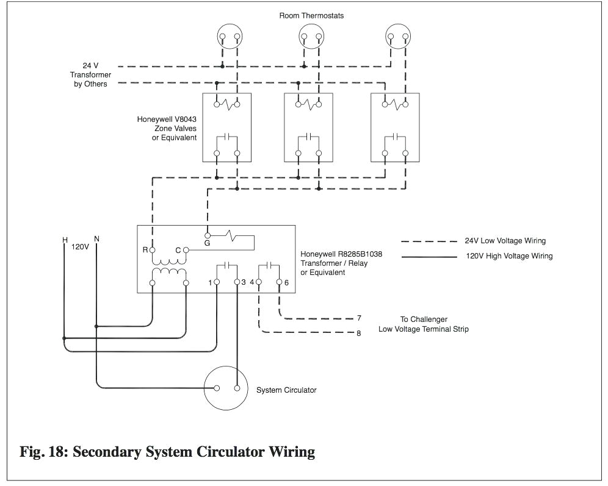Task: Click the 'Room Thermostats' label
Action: coord(311,15)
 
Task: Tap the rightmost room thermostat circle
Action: coord(398,38)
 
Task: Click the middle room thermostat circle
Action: coord(311,38)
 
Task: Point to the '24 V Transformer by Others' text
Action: coord(89,74)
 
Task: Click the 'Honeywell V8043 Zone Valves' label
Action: coord(167,129)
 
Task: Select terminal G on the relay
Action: coord(208,235)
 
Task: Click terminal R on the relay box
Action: coord(153,250)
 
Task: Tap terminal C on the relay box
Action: coord(187,250)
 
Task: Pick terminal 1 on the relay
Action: coord(217,282)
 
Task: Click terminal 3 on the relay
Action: coord(237,282)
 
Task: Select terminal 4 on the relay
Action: coord(259,282)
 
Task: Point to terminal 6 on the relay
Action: coord(279,282)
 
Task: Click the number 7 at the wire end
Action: coord(360,318)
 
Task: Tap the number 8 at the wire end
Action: coord(360,333)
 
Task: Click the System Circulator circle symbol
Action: coord(226,388)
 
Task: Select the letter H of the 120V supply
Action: coord(65,240)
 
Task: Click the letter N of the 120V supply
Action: coord(96,238)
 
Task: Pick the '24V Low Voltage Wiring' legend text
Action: coord(505,241)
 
